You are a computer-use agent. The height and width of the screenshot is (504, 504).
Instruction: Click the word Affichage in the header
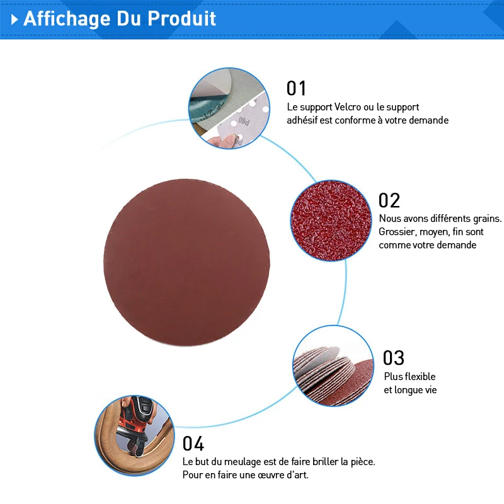pos(67,19)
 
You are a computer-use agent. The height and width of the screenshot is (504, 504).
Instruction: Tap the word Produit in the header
pos(181,18)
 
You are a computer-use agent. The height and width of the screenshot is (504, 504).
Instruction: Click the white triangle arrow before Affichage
pos(14,20)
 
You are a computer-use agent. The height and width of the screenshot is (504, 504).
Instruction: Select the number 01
pos(296,88)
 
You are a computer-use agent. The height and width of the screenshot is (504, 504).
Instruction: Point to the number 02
pos(389,200)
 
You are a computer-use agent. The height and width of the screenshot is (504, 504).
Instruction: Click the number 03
pos(393,358)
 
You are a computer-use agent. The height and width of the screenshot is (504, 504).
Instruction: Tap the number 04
pos(193,444)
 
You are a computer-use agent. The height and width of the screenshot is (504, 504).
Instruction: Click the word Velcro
pos(348,106)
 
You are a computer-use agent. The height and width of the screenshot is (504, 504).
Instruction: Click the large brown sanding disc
pos(186,262)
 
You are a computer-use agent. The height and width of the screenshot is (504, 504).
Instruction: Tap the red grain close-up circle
pos(331,220)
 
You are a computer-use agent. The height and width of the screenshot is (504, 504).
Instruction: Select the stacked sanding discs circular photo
pos(333,366)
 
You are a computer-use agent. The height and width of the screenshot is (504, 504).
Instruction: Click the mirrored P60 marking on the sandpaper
pos(244,121)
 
